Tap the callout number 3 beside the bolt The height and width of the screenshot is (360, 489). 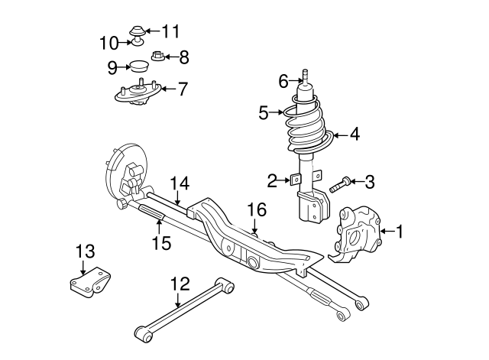[x=369, y=182]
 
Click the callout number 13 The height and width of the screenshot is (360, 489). [x=86, y=251]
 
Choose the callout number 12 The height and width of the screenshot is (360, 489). [x=180, y=284]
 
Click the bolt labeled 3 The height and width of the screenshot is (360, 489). [x=341, y=183]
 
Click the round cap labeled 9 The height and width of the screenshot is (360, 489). [x=138, y=66]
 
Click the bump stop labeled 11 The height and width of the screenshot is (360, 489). [x=138, y=31]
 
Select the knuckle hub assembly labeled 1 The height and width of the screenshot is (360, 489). [x=357, y=231]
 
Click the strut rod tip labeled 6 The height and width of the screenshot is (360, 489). [x=305, y=75]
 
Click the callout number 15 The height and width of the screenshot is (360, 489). [x=160, y=243]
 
